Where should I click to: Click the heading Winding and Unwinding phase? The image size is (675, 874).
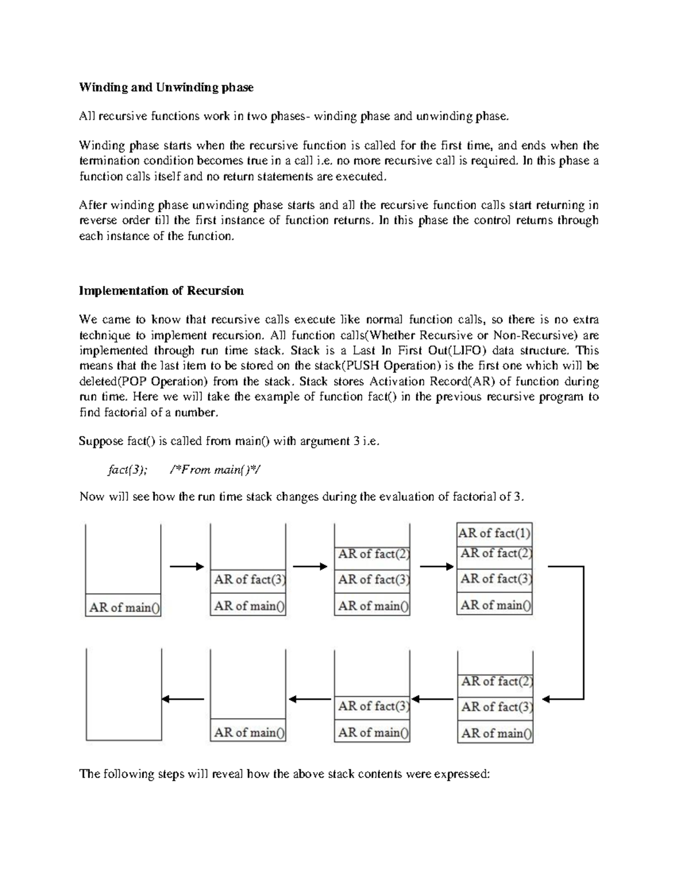(166, 87)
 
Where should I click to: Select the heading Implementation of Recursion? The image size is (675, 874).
(161, 291)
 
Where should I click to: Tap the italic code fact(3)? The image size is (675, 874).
(127, 470)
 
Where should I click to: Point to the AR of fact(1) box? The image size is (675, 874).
(494, 533)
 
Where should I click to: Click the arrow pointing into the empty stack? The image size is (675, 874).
(183, 700)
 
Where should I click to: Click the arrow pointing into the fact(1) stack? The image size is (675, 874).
(436, 567)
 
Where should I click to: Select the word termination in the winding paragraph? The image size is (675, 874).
(106, 161)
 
